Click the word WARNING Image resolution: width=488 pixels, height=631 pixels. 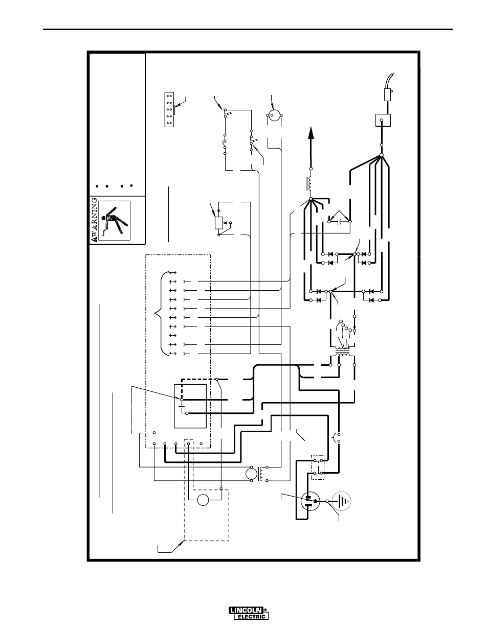click(x=94, y=220)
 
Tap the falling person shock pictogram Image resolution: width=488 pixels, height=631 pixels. click(x=114, y=221)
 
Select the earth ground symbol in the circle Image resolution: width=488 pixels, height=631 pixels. click(x=342, y=501)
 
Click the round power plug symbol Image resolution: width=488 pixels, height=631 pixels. click(x=310, y=501)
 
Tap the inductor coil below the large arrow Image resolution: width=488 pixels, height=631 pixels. click(x=309, y=183)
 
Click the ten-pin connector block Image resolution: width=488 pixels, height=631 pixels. click(x=169, y=109)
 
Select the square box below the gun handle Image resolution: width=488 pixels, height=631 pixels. click(x=383, y=120)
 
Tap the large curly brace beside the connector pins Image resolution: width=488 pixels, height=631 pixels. click(x=162, y=313)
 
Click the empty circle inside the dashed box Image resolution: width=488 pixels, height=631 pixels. click(x=203, y=500)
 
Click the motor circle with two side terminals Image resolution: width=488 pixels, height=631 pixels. click(x=274, y=115)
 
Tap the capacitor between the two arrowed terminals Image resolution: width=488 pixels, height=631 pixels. click(x=340, y=222)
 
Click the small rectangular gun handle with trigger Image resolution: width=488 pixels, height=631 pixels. click(x=388, y=95)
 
